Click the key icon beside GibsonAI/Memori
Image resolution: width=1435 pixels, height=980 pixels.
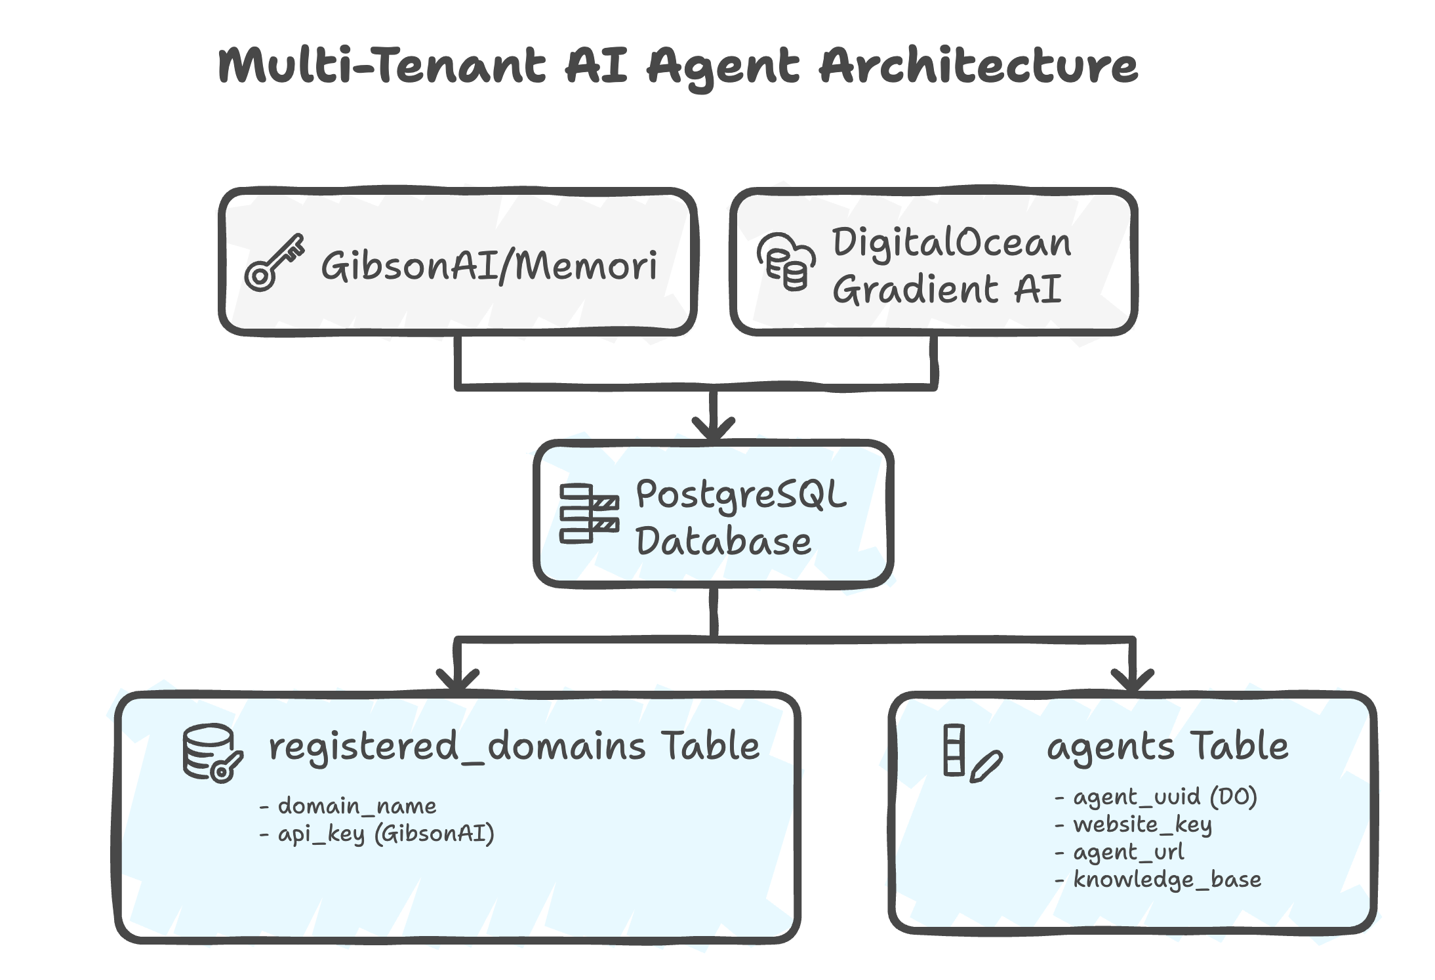(274, 263)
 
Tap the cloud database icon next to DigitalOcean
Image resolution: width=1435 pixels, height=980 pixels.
(786, 261)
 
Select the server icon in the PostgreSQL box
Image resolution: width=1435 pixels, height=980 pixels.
(588, 514)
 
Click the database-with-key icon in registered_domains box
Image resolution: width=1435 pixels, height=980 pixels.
(212, 754)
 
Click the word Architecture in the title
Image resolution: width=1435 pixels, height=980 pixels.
(978, 66)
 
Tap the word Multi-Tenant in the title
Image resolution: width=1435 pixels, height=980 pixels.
(381, 66)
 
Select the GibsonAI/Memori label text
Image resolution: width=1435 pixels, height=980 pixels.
(489, 266)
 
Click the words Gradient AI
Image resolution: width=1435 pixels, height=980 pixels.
(946, 289)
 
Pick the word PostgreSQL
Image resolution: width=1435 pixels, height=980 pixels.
(741, 495)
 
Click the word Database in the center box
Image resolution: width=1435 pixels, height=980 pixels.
(723, 542)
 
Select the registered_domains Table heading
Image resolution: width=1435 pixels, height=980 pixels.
(514, 746)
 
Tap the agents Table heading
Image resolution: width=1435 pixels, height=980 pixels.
(1167, 746)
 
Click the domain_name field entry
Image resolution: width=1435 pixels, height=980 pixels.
(356, 806)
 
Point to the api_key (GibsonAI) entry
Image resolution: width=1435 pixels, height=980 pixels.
(385, 834)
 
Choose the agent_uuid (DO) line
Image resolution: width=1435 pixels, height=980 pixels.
(1164, 796)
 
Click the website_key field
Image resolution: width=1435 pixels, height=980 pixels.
(1142, 825)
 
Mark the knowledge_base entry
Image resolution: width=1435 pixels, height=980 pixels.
(1167, 880)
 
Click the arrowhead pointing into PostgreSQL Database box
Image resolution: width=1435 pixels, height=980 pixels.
(714, 430)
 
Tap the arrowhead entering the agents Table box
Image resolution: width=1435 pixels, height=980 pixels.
(1132, 680)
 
